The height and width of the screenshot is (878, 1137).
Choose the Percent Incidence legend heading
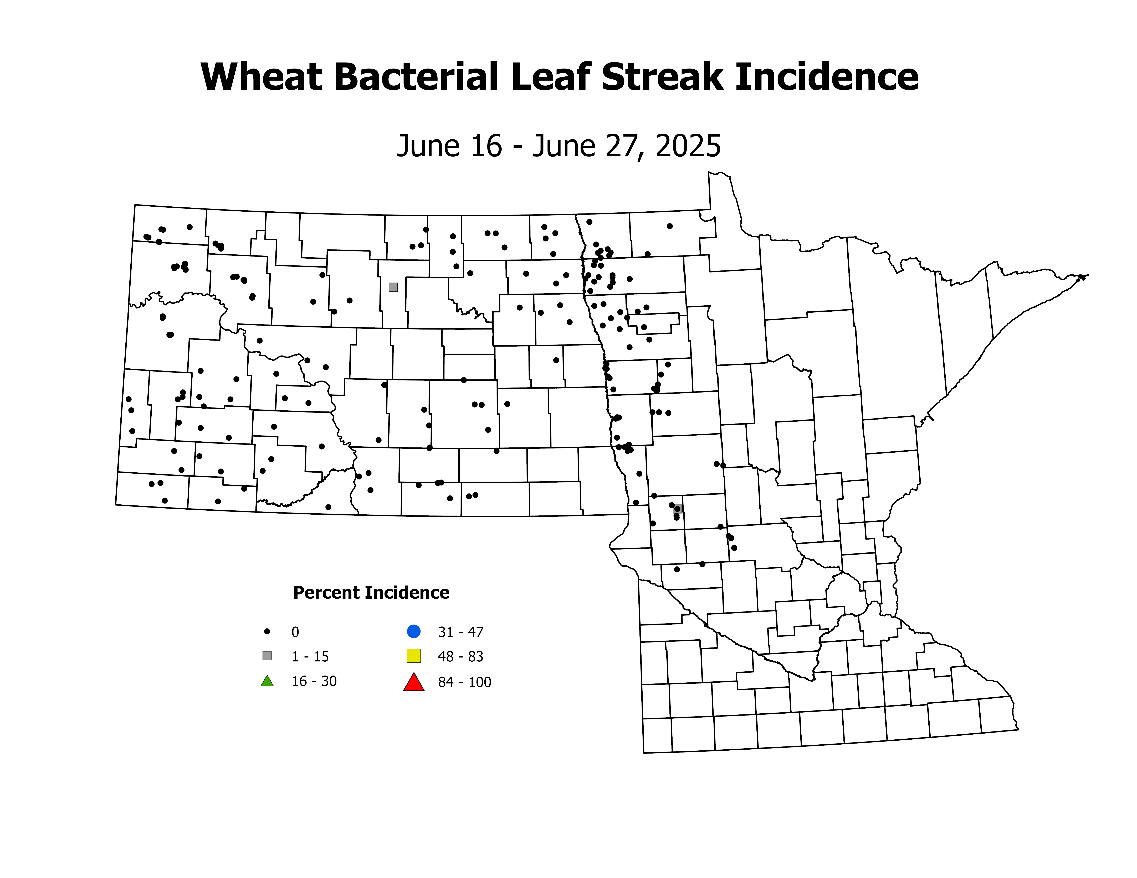pos(371,592)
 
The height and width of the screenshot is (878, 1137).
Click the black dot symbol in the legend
pos(267,631)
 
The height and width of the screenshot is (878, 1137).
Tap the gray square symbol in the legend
pos(267,656)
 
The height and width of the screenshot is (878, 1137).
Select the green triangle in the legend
pos(267,681)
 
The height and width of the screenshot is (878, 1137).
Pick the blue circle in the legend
pos(413,631)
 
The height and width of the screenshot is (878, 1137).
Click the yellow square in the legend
pos(413,656)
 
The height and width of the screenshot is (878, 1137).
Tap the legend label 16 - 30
pos(314,681)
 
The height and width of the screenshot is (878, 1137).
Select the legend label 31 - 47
pos(461,632)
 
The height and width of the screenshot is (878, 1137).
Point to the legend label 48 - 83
pos(461,656)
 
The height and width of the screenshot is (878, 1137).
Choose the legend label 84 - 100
pos(464,682)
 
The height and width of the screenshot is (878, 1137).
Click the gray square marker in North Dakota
pos(393,287)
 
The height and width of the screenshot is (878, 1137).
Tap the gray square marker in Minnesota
pos(677,509)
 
